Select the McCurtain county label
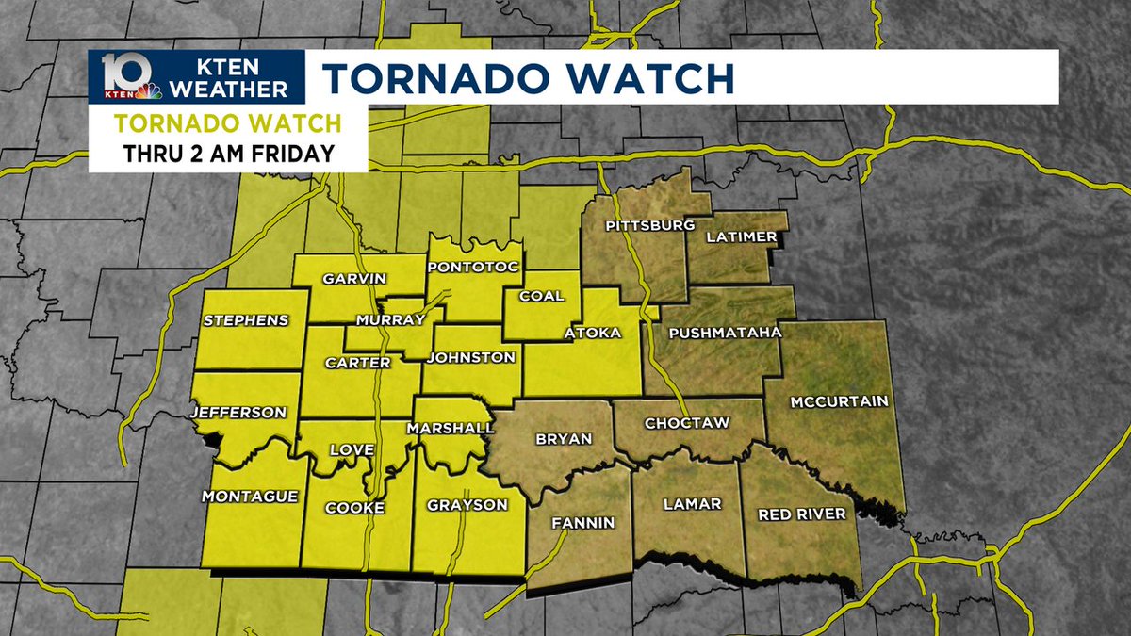[839, 401]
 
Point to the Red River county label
[802, 514]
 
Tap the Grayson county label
[467, 504]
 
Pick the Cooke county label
[354, 508]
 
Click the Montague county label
[250, 496]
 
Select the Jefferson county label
[238, 412]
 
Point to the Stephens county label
[245, 320]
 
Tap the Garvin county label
[355, 279]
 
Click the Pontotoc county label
[473, 268]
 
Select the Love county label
[352, 450]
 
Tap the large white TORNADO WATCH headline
[529, 77]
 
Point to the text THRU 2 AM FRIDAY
[228, 154]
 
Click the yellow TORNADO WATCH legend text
[227, 123]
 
